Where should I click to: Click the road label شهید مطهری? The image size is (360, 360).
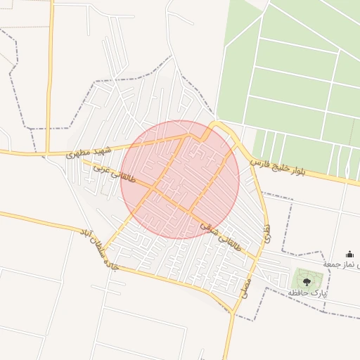point(89,151)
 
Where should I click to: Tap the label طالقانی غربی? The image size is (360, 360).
point(98,171)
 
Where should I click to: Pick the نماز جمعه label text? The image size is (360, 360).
point(340,264)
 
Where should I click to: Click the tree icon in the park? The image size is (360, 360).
point(307,278)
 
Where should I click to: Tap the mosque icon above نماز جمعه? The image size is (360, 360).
point(350,254)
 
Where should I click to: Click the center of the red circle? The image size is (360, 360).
point(180,179)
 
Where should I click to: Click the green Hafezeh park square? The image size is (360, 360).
point(307,278)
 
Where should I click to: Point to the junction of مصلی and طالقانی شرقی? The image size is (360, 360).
point(255,259)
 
